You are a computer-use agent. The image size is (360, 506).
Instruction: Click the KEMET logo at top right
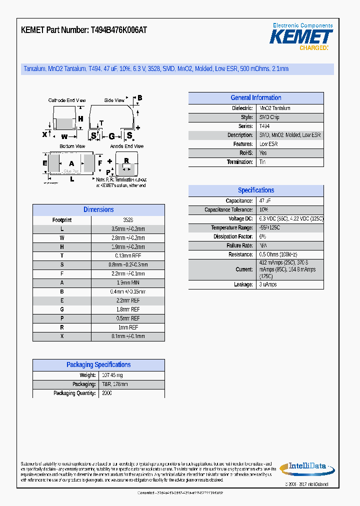coord(301,36)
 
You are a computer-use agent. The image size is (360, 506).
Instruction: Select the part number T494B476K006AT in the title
coord(118,30)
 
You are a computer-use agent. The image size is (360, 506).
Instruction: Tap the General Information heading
coord(255,98)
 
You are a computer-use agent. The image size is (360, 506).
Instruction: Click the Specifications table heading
coord(255,190)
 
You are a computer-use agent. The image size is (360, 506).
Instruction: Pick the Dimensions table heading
coord(98,210)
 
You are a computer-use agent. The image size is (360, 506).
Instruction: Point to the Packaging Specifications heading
coord(98,365)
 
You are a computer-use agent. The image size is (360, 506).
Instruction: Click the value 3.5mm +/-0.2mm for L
coord(127,229)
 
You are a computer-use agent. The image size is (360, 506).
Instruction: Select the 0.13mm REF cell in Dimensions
coord(127,256)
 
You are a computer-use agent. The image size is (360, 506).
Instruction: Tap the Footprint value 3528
coord(127,220)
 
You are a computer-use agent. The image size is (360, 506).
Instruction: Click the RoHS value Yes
coord(263,153)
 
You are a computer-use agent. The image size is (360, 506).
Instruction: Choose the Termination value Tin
coord(262,162)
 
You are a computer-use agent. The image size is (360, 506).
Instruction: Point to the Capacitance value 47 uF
coord(265,200)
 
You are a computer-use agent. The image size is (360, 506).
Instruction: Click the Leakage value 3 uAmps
coord(268,284)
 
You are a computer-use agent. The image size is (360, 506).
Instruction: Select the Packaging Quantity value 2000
coord(107,393)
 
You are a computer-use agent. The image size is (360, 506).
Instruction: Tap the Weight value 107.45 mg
coord(112,375)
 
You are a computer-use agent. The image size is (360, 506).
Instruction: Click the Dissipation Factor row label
coord(233,236)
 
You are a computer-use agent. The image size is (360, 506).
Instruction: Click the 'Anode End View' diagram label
coord(126,146)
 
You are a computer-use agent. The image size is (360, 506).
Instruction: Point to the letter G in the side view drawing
coord(111,136)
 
